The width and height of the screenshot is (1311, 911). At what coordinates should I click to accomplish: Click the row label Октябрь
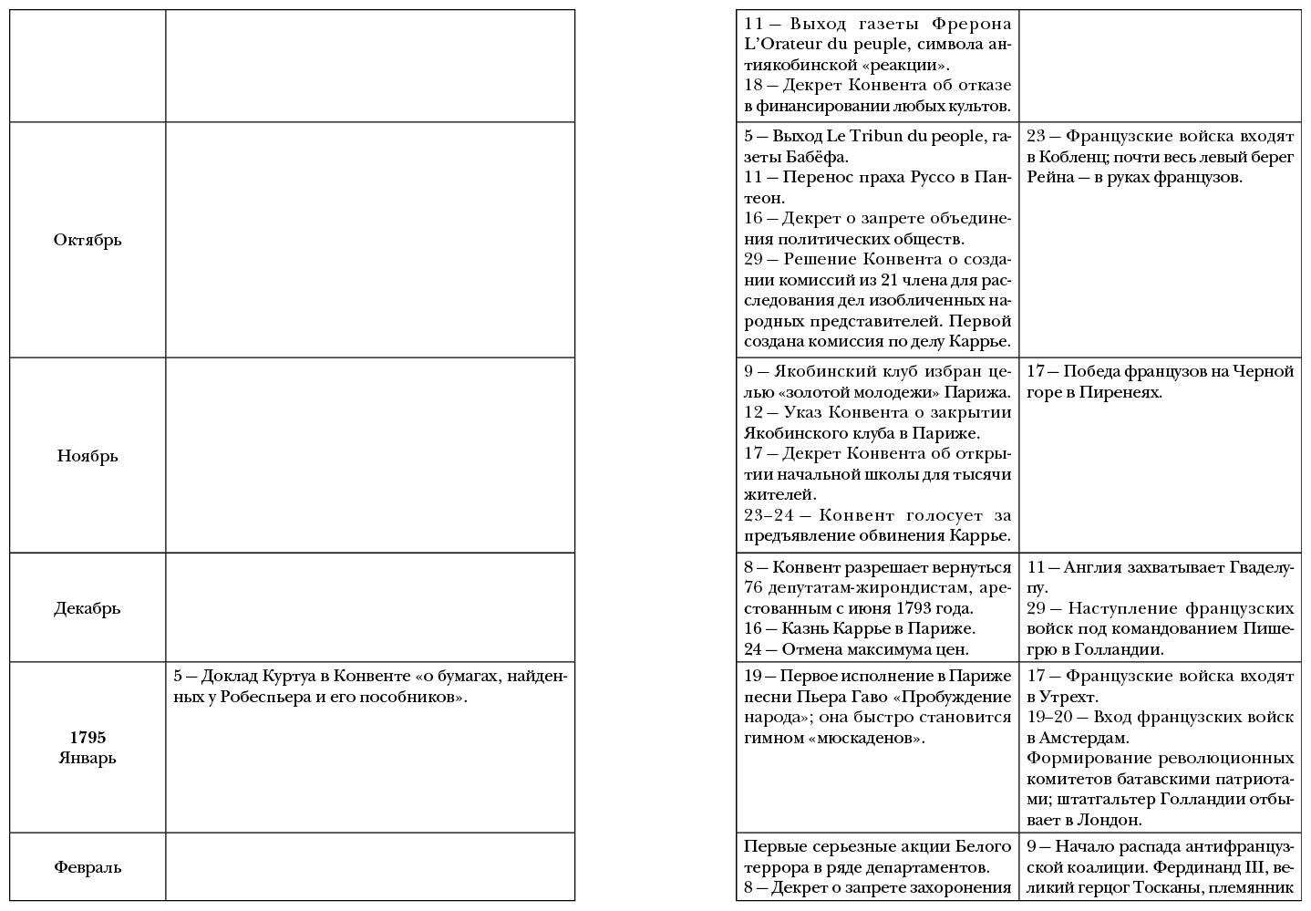[x=88, y=240]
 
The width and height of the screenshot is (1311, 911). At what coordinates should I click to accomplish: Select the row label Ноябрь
[x=88, y=456]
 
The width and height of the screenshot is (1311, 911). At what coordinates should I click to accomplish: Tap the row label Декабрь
[x=88, y=608]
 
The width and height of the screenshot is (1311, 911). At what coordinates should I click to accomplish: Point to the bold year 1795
[x=88, y=738]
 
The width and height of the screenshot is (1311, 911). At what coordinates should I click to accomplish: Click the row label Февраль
[x=88, y=867]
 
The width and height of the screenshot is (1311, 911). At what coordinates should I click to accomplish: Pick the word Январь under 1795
[x=88, y=758]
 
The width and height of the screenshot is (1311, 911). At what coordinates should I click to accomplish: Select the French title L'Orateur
[x=783, y=45]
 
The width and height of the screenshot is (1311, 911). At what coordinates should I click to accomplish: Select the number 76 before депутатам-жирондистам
[x=754, y=588]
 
